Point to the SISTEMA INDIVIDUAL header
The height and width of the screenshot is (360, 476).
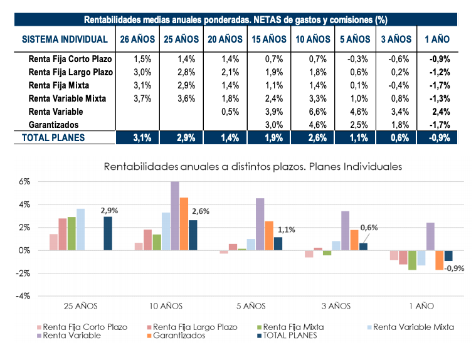pos(65,39)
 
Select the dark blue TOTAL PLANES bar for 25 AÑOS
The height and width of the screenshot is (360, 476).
pos(107,233)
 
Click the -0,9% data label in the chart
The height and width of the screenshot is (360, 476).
pos(456,268)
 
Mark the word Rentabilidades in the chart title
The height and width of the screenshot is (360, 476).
pos(144,167)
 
